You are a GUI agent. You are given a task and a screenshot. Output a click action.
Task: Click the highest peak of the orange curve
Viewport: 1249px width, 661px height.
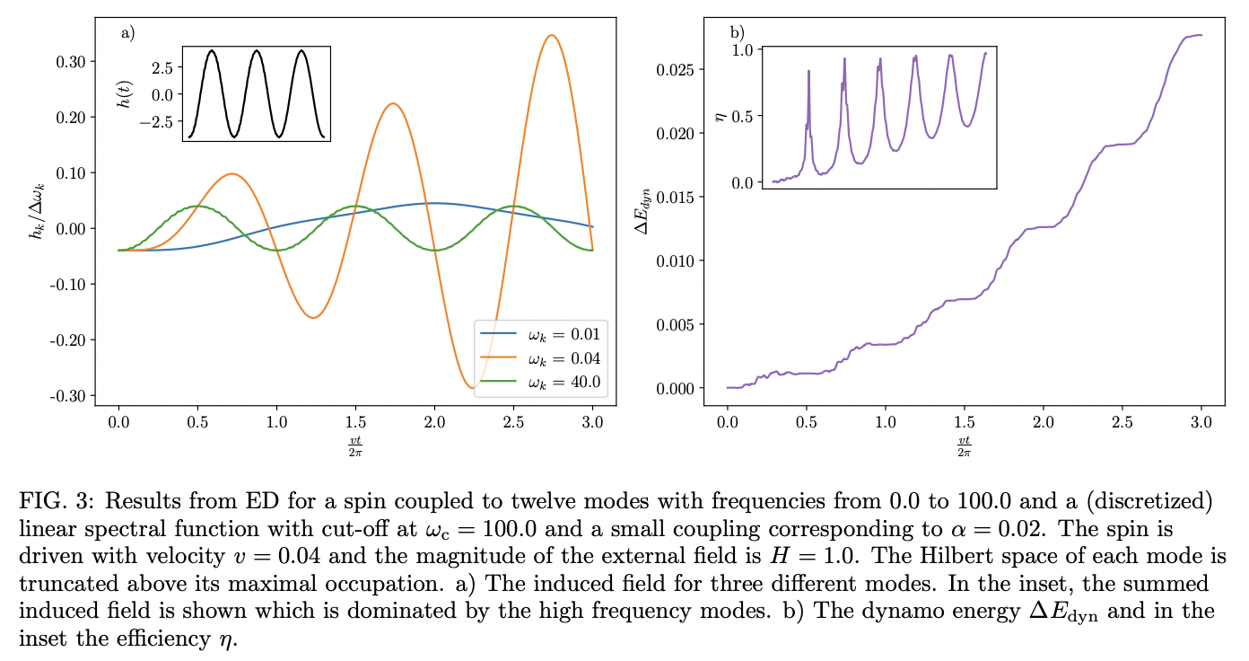(552, 36)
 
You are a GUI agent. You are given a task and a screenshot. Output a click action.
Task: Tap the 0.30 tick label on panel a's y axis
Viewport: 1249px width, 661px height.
(72, 61)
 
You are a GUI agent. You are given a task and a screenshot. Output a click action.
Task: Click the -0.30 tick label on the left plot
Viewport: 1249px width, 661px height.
(70, 396)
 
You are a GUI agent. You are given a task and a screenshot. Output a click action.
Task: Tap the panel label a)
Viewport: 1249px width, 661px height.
(127, 33)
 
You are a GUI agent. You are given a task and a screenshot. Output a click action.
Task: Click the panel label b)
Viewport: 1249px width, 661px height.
(737, 33)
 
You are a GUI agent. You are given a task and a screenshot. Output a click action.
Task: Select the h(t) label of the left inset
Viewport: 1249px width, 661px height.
(124, 93)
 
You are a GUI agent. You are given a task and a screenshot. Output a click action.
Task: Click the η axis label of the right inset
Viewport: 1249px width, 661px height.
(719, 116)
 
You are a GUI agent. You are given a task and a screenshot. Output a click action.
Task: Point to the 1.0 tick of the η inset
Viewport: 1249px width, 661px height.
(745, 49)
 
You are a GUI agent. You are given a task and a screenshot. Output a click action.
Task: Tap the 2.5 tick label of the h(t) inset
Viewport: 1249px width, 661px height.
(161, 67)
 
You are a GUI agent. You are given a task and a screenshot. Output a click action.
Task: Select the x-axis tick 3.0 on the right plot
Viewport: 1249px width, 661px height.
(1201, 419)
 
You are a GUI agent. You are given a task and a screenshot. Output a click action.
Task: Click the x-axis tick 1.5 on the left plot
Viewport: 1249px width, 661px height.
(355, 419)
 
